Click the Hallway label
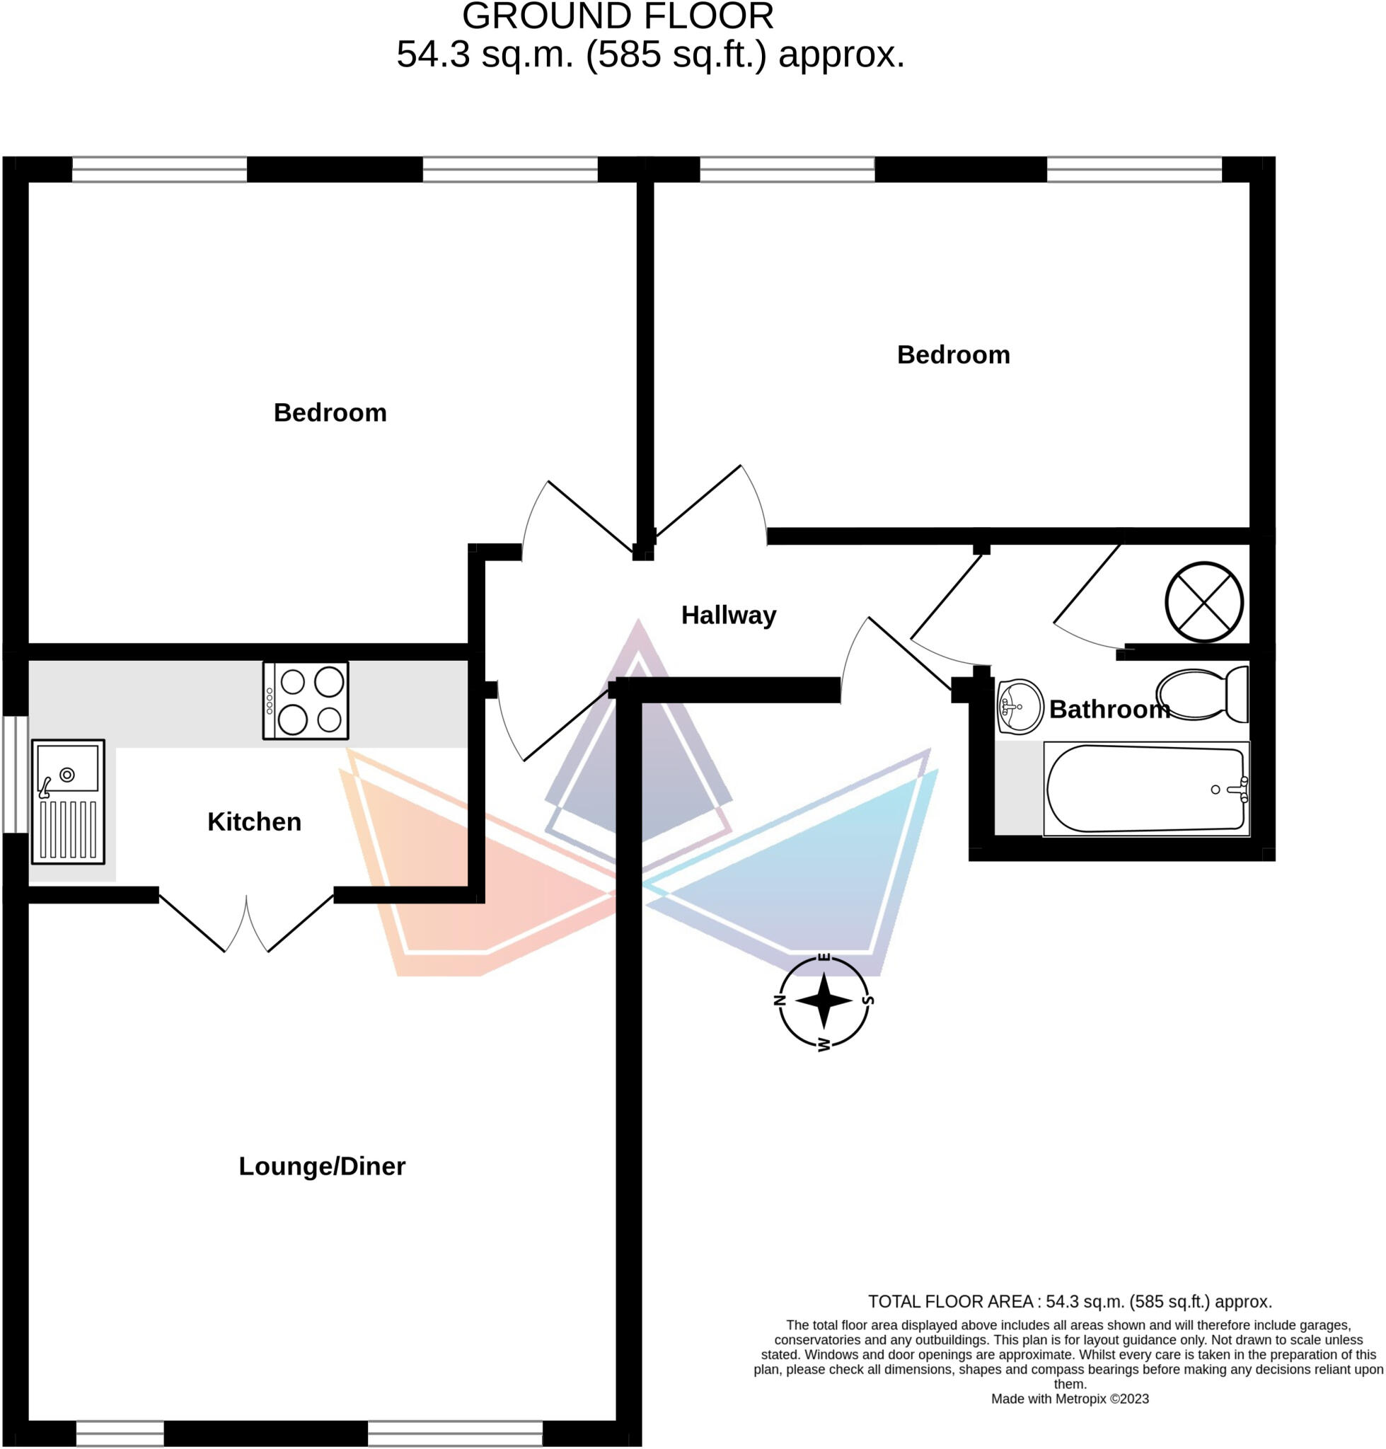point(728,615)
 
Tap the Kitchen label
point(254,821)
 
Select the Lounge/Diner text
point(321,1166)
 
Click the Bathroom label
point(1108,710)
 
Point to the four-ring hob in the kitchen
point(305,700)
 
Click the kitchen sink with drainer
point(68,802)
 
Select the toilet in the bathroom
point(1202,695)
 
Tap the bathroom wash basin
point(1019,707)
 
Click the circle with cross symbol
point(1203,602)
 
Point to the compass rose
point(824,1002)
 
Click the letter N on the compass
point(779,1001)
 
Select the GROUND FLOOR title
point(618,16)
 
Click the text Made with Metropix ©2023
point(1069,1399)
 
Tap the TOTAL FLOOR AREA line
point(1069,1301)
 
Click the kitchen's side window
point(15,773)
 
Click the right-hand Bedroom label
point(953,354)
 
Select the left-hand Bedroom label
point(330,412)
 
